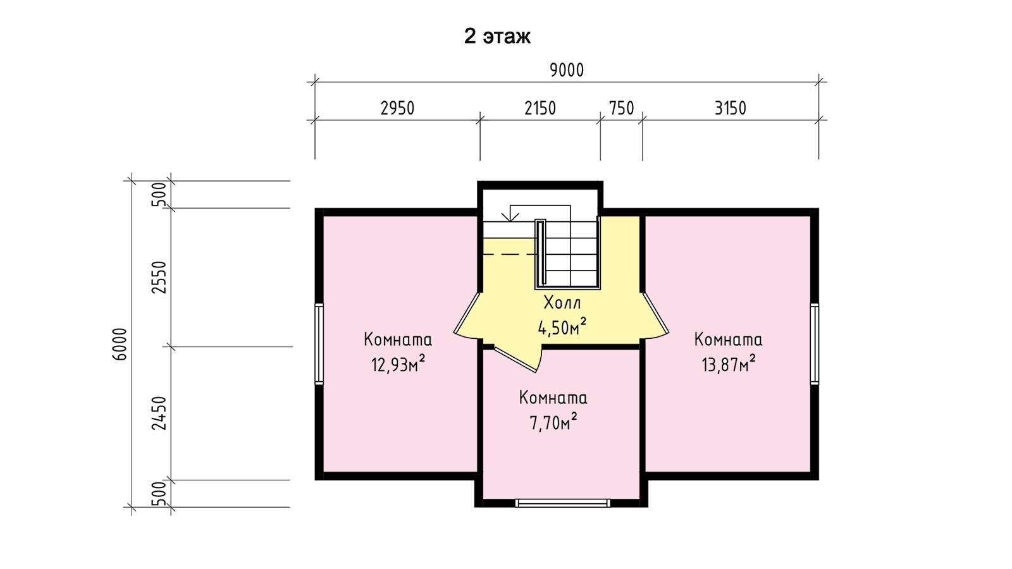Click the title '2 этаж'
coord(497,36)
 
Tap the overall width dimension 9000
coord(567,70)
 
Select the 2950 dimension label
coord(397,108)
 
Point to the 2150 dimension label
coord(540,108)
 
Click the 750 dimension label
coord(621,108)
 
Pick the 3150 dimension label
coord(730,108)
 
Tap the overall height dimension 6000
coord(120,344)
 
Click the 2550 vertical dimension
coord(159,278)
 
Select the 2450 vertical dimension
coord(159,413)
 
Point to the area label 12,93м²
coord(398,364)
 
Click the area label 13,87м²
coord(728,364)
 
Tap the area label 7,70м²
coord(553,422)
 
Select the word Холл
coord(562,303)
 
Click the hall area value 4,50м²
coord(562,326)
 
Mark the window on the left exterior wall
coord(319,344)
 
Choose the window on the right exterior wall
coord(814,344)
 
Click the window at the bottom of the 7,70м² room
coord(562,503)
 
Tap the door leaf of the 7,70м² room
coord(515,360)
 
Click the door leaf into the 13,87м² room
coord(655,312)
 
